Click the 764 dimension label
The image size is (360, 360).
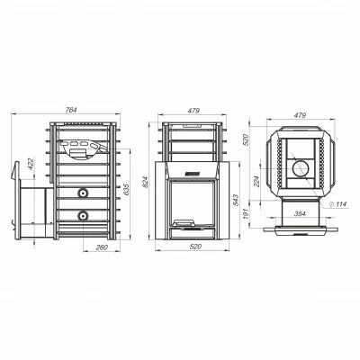(x=71, y=110)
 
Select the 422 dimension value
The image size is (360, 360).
(x=31, y=164)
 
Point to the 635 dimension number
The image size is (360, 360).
(x=126, y=190)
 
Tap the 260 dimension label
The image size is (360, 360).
(x=102, y=247)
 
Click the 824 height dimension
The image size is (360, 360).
(x=145, y=182)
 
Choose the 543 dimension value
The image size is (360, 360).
(x=235, y=201)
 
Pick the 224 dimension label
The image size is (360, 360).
(x=256, y=181)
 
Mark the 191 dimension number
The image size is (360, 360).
(x=246, y=213)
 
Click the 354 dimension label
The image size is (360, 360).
(x=300, y=213)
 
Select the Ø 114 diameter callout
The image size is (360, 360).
(x=337, y=204)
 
